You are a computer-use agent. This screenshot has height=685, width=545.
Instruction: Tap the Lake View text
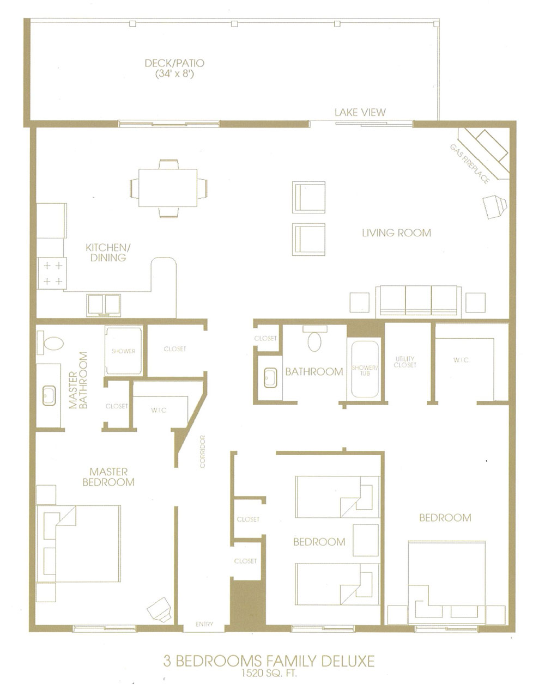[360, 112]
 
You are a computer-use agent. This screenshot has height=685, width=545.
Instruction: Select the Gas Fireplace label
[469, 164]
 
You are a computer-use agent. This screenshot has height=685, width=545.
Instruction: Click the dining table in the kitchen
[168, 188]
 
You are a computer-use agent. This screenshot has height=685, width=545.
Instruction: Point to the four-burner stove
[52, 273]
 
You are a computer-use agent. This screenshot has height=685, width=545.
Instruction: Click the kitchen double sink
[104, 305]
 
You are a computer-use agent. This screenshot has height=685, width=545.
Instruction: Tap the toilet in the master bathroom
[50, 342]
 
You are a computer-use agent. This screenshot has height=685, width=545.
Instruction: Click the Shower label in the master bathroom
[123, 351]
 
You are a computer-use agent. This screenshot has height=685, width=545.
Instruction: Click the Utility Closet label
[404, 362]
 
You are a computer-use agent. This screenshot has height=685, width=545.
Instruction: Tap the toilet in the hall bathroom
[314, 340]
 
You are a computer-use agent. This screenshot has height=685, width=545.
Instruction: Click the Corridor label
[202, 451]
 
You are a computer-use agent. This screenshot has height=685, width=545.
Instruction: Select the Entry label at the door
[204, 624]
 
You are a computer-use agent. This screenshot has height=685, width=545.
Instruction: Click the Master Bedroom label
[108, 477]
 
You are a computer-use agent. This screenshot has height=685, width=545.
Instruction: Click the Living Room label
[396, 233]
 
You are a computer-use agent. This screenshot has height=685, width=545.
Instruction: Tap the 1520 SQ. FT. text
[269, 674]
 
